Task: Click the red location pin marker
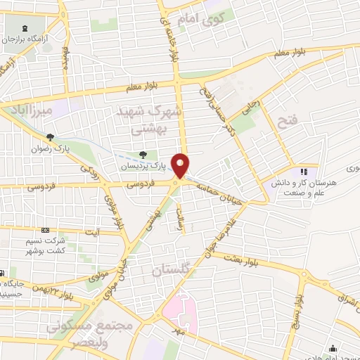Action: click(181, 165)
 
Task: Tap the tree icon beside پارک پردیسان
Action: click(143, 155)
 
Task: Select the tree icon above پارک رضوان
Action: click(50, 137)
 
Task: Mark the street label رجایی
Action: click(251, 108)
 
